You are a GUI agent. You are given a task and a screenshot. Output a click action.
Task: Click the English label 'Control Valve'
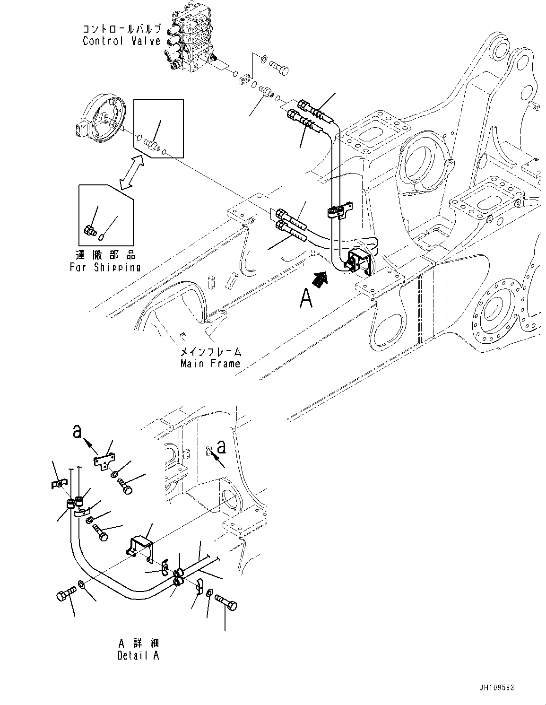121,41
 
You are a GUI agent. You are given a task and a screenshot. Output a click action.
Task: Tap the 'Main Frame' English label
210,363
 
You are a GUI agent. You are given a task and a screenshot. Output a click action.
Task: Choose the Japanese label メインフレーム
210,352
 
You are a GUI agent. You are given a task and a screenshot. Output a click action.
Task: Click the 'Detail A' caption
139,655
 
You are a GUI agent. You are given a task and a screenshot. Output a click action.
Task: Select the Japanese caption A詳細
139,644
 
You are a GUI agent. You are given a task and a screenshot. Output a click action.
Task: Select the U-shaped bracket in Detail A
140,549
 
